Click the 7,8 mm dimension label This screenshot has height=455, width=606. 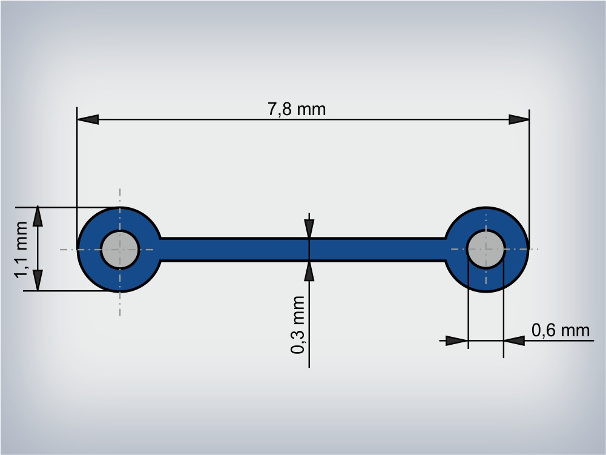[297, 109]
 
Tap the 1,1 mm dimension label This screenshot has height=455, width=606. [21, 250]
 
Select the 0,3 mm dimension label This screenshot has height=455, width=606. [298, 325]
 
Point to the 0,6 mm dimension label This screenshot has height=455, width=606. [561, 330]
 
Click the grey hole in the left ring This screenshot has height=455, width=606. [120, 250]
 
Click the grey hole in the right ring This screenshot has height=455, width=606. [486, 249]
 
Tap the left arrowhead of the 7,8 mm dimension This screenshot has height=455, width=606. [88, 119]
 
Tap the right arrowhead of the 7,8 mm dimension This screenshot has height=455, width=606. [519, 119]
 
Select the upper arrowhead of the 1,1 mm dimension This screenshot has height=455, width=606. [38, 217]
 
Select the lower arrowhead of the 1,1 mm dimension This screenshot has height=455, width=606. [38, 280]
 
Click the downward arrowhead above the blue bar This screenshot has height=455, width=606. [309, 228]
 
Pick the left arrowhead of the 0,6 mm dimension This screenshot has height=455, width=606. [457, 341]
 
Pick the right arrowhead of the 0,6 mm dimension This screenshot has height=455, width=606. [515, 341]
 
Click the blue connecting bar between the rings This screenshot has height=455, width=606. [303, 250]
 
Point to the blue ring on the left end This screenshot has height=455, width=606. [88, 250]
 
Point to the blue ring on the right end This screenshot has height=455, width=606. [517, 249]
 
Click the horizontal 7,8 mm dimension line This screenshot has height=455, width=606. [303, 119]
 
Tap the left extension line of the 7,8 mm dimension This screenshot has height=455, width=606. [77, 178]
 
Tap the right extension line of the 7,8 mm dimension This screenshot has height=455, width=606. [529, 179]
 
